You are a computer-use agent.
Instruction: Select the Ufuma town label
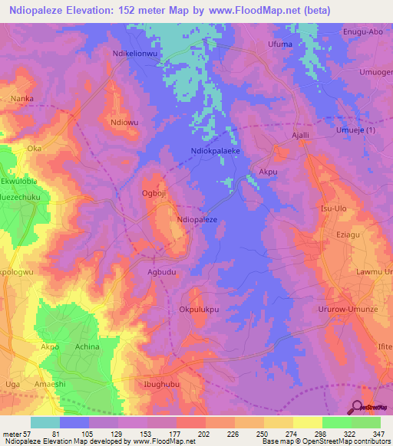point(279,45)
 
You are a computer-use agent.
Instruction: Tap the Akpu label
point(268,172)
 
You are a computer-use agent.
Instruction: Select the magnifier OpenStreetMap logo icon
point(358,407)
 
